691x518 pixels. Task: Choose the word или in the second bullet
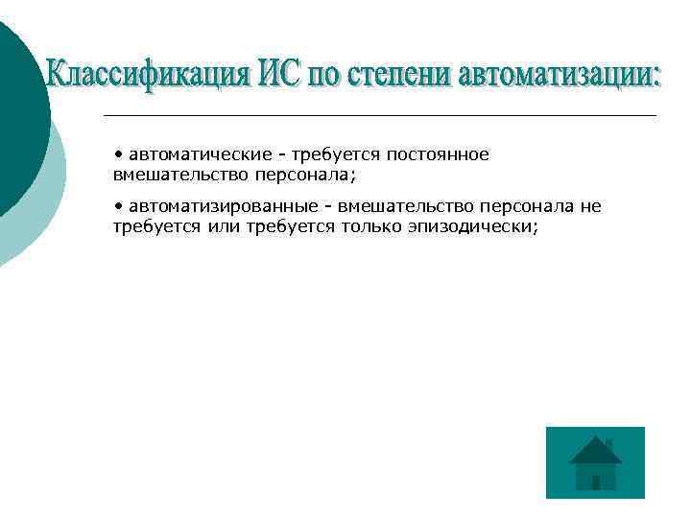coord(224,227)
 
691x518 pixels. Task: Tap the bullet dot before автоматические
coord(117,153)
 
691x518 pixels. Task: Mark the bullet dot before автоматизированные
coord(117,205)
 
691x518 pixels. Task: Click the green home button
coord(595,462)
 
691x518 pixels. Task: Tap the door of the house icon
coord(596,483)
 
